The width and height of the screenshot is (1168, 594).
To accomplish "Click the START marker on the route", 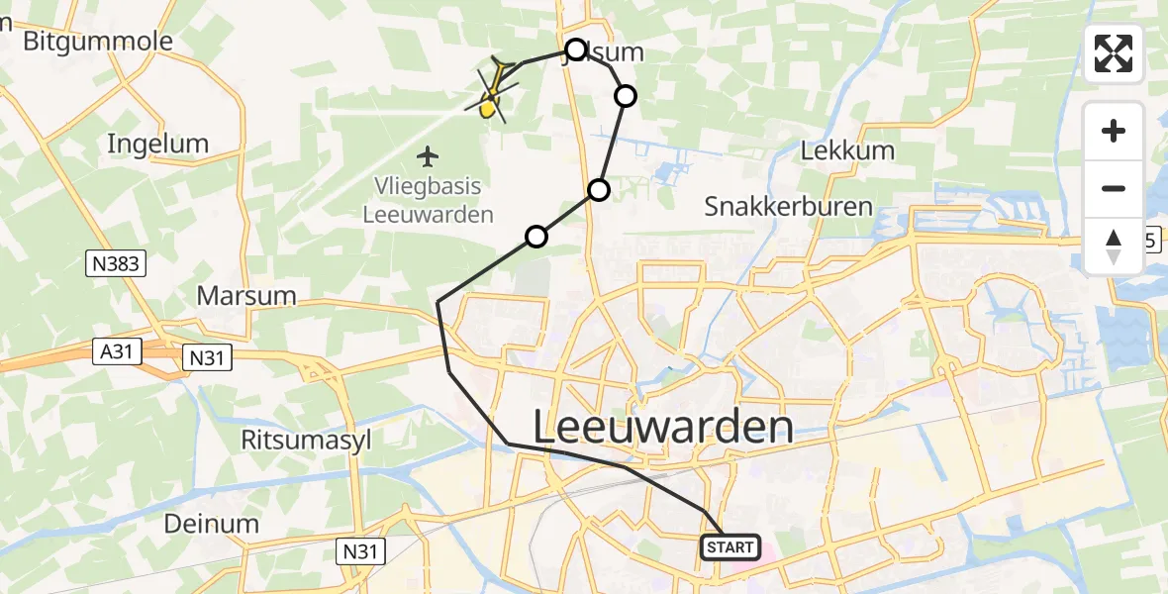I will (731, 547).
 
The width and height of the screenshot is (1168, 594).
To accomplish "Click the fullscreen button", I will (1114, 53).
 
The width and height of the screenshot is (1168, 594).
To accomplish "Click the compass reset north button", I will (1114, 247).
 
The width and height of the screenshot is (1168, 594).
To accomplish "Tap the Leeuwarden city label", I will (663, 428).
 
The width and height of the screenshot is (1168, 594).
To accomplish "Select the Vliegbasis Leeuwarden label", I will (428, 201).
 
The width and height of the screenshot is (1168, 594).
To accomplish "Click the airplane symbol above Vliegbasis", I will (428, 156).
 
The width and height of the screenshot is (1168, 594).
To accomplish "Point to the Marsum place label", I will (246, 295).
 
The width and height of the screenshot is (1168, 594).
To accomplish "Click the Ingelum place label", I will (158, 144).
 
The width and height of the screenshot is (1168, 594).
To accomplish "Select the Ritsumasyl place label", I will (307, 441).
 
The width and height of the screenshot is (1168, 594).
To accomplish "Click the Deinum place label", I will (213, 524).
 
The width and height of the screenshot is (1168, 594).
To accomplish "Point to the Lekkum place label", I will (847, 151).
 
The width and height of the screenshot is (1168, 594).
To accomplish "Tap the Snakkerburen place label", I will (788, 206).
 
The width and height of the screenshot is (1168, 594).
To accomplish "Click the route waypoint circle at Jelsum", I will (576, 49).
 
